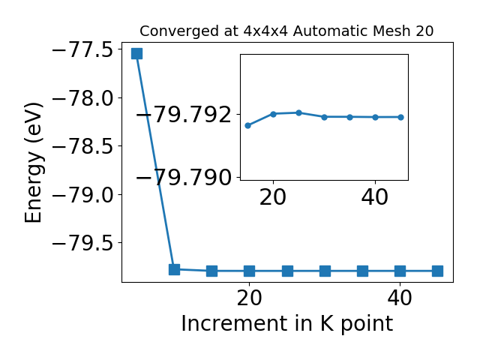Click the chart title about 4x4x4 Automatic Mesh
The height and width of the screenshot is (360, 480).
pos(286,31)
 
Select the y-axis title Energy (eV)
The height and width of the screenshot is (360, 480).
pos(33,163)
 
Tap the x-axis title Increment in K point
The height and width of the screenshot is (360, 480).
pos(286,324)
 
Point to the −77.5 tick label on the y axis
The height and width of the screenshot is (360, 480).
pos(83,49)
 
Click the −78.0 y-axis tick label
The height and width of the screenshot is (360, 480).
pos(83,98)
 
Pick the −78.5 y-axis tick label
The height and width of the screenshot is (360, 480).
pos(83,146)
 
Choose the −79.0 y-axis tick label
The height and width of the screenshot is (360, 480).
pos(83,194)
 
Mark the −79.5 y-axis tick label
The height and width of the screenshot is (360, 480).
pos(83,243)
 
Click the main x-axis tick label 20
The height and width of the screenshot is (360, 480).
pos(250,298)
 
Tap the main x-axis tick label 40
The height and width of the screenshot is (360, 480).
pos(400,298)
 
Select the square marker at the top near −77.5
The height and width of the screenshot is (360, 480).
pos(136,53)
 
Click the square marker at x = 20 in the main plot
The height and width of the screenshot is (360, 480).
pos(250,271)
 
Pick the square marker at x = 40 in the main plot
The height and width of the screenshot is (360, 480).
pos(400,271)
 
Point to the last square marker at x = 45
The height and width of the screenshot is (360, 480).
pos(437,271)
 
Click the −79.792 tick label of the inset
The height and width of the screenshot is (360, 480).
pos(184,115)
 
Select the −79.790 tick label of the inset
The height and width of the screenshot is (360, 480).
pos(184,177)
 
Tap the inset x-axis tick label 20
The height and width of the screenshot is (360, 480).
pos(273,197)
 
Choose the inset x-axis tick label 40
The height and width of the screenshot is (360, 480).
pos(375,197)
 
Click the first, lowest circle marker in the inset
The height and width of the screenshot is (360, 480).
pos(248,125)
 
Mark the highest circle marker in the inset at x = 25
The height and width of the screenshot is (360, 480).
pos(299,113)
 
